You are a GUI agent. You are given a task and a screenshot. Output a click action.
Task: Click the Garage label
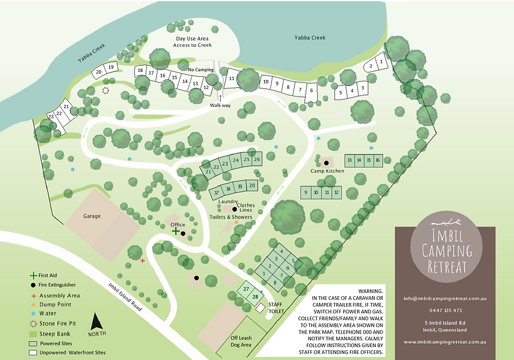coord(92,216)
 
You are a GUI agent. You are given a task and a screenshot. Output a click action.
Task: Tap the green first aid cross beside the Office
coord(176,232)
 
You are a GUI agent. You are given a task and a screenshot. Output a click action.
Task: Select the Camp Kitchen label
coord(326,171)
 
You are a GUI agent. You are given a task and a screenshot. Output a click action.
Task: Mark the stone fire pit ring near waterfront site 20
coord(106,90)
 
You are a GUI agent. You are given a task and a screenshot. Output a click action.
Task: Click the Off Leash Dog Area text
coord(242,342)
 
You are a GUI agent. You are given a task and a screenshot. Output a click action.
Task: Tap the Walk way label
coord(219,105)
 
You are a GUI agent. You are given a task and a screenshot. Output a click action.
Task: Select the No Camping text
coord(200,70)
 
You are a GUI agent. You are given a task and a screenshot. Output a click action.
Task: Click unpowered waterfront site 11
coord(232,79)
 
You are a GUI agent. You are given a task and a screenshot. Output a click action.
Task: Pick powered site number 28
coord(255,297)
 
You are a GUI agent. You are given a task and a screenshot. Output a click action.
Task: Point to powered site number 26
coord(257,159)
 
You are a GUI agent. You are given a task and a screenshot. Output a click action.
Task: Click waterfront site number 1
coord(382,61)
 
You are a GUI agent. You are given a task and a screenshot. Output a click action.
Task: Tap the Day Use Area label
coord(193,38)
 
